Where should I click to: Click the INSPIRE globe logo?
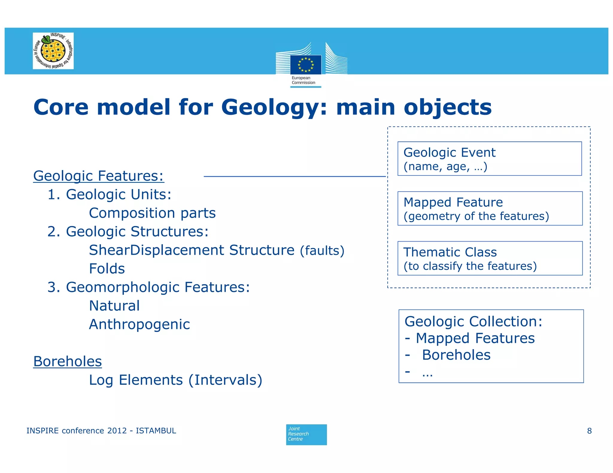(53, 51)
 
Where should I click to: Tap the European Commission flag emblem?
(306, 65)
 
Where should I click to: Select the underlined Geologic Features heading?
(98, 176)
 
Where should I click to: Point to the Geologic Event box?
(489, 159)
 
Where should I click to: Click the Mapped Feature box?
(490, 208)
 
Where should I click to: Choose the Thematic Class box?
(490, 258)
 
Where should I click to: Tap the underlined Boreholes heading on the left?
(68, 361)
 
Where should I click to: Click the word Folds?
(107, 268)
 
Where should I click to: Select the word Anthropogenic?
(139, 324)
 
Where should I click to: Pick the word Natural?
(114, 306)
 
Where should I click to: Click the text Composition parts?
(152, 213)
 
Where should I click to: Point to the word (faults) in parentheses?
(322, 251)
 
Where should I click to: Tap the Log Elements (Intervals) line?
(176, 380)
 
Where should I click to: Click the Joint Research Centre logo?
(306, 434)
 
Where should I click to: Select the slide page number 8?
(589, 431)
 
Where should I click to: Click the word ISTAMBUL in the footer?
(156, 431)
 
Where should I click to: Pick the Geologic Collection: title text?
(473, 322)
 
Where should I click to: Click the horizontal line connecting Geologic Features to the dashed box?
(295, 176)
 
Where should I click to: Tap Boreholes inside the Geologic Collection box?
(456, 355)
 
